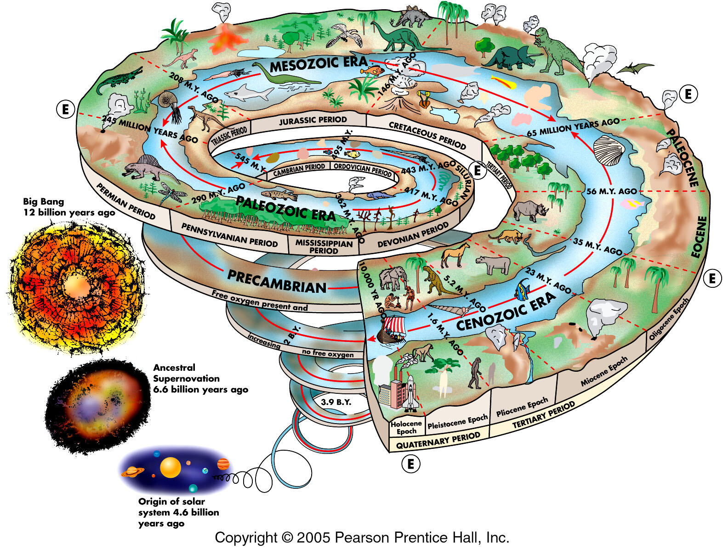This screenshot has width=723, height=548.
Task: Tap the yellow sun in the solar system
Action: click(x=171, y=468)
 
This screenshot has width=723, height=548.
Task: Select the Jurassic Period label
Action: click(x=313, y=120)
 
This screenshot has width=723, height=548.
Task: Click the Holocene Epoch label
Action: click(x=406, y=428)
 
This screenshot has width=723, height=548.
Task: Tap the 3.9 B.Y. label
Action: click(x=336, y=402)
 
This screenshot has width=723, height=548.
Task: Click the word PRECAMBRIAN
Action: click(x=277, y=281)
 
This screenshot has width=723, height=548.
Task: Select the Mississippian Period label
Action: click(x=324, y=246)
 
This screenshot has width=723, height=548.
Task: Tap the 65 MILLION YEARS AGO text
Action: click(x=573, y=127)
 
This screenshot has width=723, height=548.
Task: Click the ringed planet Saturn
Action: click(x=133, y=471)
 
